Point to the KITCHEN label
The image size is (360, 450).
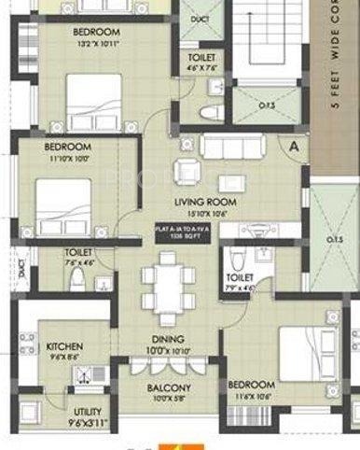(64, 346)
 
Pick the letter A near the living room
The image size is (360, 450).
(294, 147)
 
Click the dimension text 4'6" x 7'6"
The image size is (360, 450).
(201, 67)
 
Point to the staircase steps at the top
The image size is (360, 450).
(270, 37)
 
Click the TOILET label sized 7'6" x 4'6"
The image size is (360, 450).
(77, 252)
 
